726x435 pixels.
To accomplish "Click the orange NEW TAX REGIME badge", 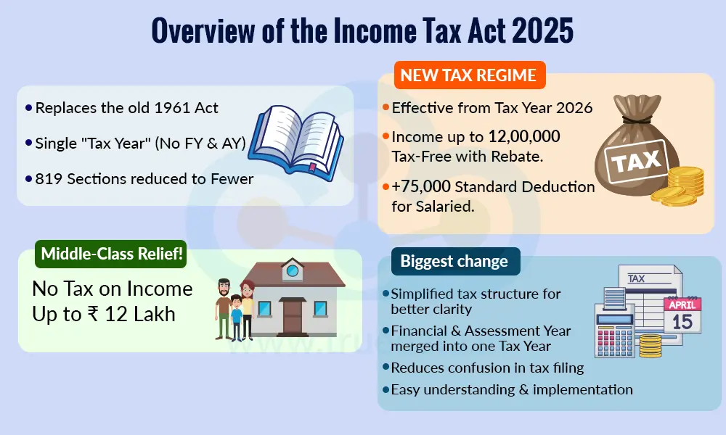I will [x=468, y=75].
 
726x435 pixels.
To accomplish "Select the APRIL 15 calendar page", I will [x=682, y=314].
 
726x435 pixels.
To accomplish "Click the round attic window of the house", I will [x=293, y=270].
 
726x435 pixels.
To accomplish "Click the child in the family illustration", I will [x=237, y=315].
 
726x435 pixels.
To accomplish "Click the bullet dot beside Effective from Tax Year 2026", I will [x=386, y=108].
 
